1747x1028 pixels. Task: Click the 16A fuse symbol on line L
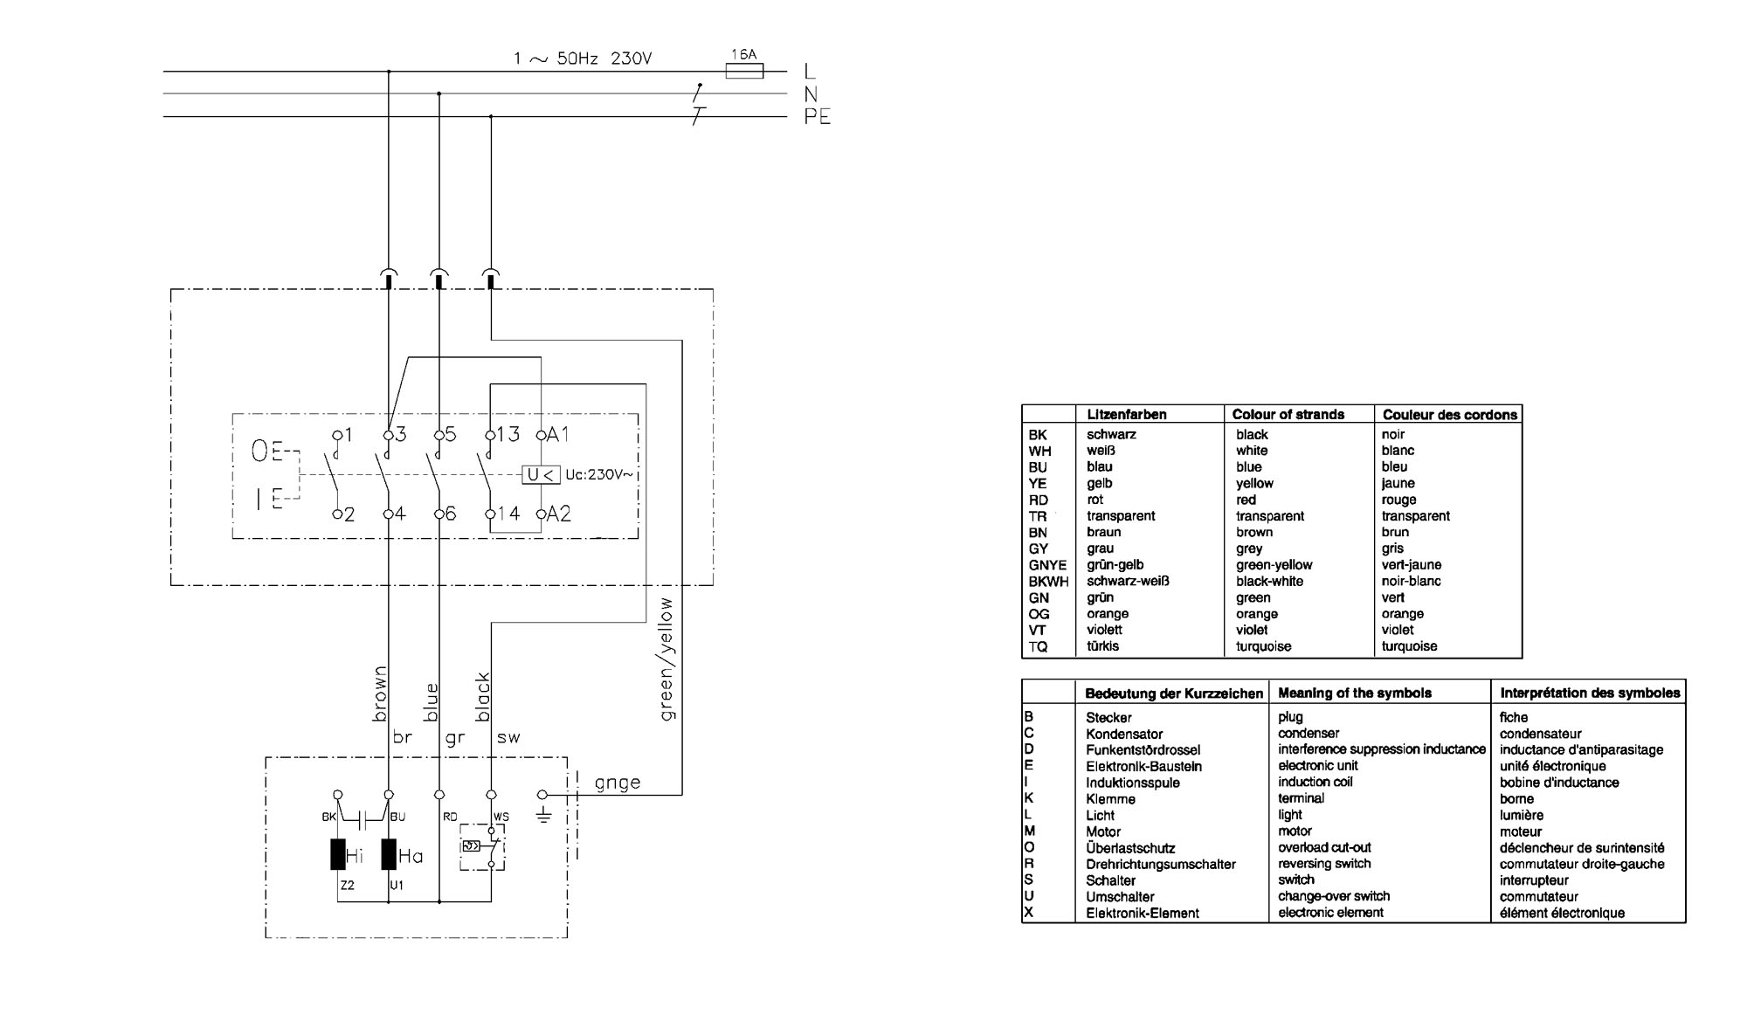coord(744,71)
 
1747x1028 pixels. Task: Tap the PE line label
coord(817,117)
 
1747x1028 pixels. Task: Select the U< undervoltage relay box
coord(541,475)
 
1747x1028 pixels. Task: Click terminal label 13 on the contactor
coord(508,434)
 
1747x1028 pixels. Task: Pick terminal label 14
coord(508,514)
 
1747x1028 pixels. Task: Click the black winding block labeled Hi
coord(337,854)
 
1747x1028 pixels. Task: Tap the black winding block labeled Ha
coord(389,854)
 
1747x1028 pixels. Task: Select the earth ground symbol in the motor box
coord(543,815)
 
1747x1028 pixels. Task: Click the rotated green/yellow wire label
coord(666,659)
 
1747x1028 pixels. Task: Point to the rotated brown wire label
coord(379,694)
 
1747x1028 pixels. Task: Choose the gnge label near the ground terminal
coord(617,783)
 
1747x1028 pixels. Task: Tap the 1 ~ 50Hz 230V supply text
coord(583,59)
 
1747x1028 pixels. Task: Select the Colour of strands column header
coord(1288,415)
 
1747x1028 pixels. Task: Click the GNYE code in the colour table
coord(1047,565)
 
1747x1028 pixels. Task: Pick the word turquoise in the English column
coord(1263,647)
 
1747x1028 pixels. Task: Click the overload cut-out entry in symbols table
coord(1324,848)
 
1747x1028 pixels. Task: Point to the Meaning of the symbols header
coord(1355,693)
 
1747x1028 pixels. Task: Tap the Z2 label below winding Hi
coord(348,886)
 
